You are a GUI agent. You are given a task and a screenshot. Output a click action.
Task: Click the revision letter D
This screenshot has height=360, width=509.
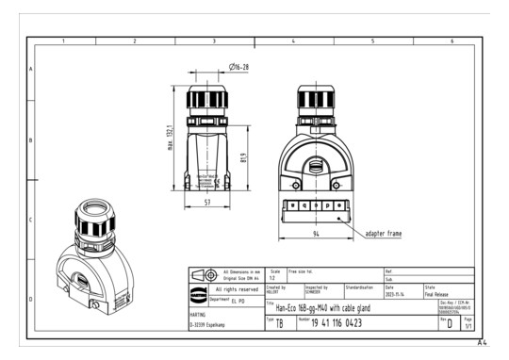pos(452,324)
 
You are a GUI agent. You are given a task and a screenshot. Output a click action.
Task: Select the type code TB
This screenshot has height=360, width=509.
pos(278,323)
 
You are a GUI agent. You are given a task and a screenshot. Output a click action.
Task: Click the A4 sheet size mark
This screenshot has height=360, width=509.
pos(484,342)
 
